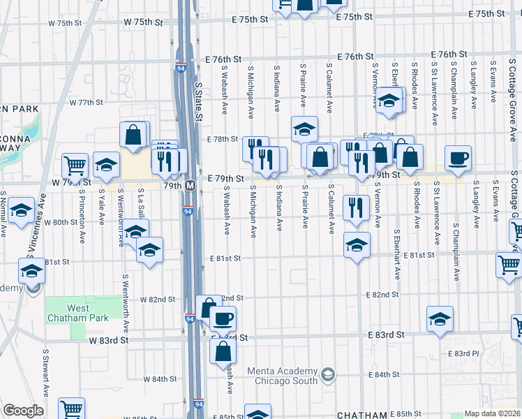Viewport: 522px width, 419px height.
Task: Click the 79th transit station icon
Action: pos(189,186)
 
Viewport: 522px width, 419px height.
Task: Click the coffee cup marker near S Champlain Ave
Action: pos(458,159)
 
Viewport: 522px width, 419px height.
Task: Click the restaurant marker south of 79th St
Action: pos(357,207)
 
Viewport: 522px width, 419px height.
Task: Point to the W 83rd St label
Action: pos(110,340)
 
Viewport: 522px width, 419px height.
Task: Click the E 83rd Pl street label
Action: pos(463,353)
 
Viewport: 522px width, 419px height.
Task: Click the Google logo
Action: pos(23,411)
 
